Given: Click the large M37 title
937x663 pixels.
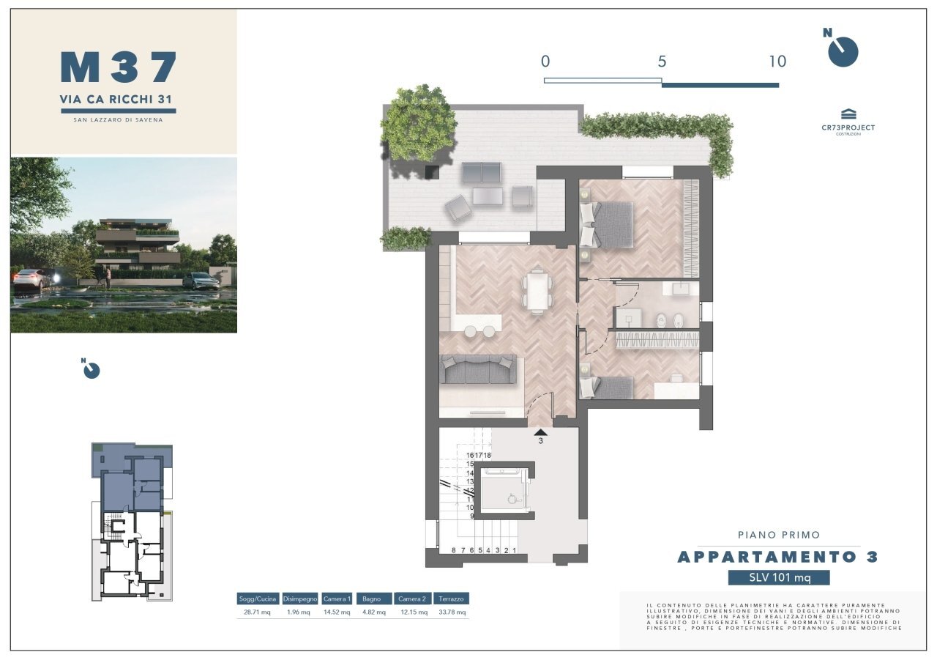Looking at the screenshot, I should pyautogui.click(x=119, y=67).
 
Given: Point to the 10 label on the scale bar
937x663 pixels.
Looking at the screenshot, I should pyautogui.click(x=777, y=62).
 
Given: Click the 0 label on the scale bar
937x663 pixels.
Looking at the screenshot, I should pyautogui.click(x=545, y=62).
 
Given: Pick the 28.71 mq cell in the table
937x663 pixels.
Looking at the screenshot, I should pyautogui.click(x=257, y=612).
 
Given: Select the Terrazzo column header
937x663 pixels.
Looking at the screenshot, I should pyautogui.click(x=451, y=599).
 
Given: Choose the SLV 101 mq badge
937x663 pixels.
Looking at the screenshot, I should pyautogui.click(x=779, y=578).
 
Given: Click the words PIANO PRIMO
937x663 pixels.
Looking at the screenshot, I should pyautogui.click(x=778, y=535).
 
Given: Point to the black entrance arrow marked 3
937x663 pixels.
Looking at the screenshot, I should pyautogui.click(x=540, y=433).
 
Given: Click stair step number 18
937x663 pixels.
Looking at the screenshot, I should pyautogui.click(x=488, y=455).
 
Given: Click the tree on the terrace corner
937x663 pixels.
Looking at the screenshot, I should pyautogui.click(x=418, y=122).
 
